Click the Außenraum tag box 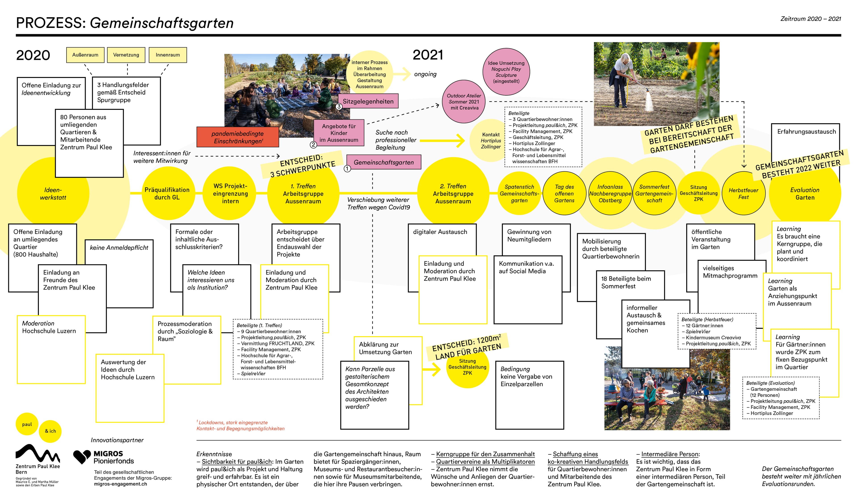(85, 55)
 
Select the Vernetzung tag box (126, 55)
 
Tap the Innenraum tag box (168, 55)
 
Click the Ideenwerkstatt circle (53, 194)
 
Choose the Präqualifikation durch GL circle (167, 194)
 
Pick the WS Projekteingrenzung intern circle (230, 194)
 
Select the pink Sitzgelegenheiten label (368, 101)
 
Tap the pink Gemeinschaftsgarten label (384, 162)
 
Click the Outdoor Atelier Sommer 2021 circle (464, 102)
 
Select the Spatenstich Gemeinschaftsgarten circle (519, 194)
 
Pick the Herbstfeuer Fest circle (743, 194)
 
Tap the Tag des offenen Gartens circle (564, 194)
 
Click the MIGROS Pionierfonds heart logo (82, 457)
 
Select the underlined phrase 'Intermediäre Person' (670, 454)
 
